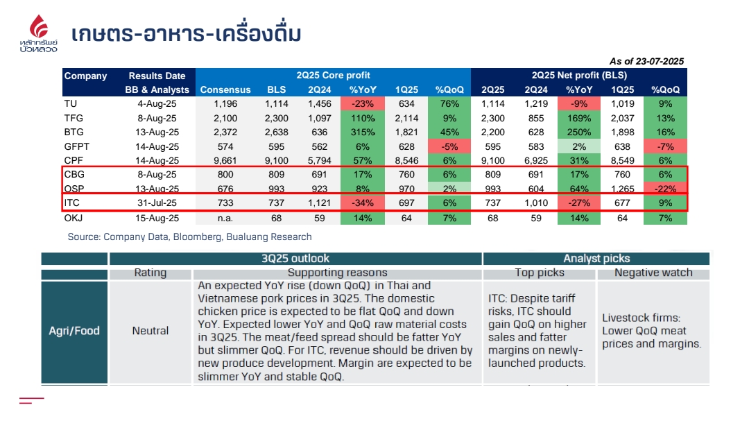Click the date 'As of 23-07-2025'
(x=646, y=61)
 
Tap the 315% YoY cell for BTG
(x=363, y=132)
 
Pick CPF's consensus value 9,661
(x=225, y=161)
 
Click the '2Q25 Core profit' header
(x=333, y=75)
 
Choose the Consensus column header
(x=225, y=89)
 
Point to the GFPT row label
(x=76, y=146)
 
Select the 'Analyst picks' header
(x=596, y=259)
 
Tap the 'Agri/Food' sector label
(x=74, y=331)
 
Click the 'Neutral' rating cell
(x=150, y=331)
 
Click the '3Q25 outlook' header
(x=295, y=259)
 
